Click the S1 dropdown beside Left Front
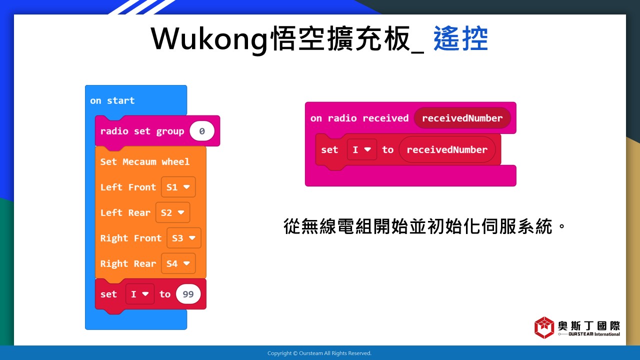click(178, 187)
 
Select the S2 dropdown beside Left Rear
click(173, 212)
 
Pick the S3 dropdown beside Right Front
click(184, 238)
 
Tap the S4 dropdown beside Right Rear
click(178, 263)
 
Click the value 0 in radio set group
click(202, 131)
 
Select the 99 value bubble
click(188, 294)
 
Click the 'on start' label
click(112, 100)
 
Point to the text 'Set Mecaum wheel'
click(145, 161)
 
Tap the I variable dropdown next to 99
click(139, 294)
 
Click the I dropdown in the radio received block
click(362, 149)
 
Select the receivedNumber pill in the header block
click(462, 118)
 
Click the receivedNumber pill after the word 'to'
click(447, 149)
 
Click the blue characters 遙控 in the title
click(460, 38)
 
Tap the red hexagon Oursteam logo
click(544, 327)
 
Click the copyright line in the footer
click(319, 353)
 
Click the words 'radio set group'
click(142, 131)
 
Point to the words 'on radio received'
click(359, 118)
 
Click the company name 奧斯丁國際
click(589, 325)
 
